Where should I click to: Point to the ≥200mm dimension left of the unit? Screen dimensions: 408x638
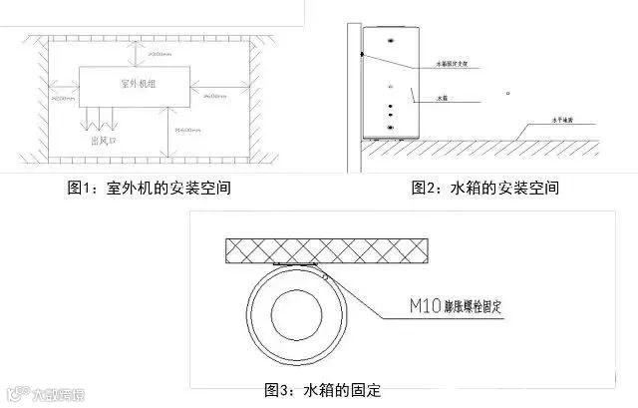pyautogui.click(x=63, y=99)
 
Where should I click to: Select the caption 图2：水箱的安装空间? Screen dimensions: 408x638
pyautogui.click(x=484, y=188)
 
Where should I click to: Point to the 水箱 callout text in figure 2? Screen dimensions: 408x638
pyautogui.click(x=445, y=99)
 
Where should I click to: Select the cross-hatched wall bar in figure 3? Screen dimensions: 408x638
pyautogui.click(x=328, y=249)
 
